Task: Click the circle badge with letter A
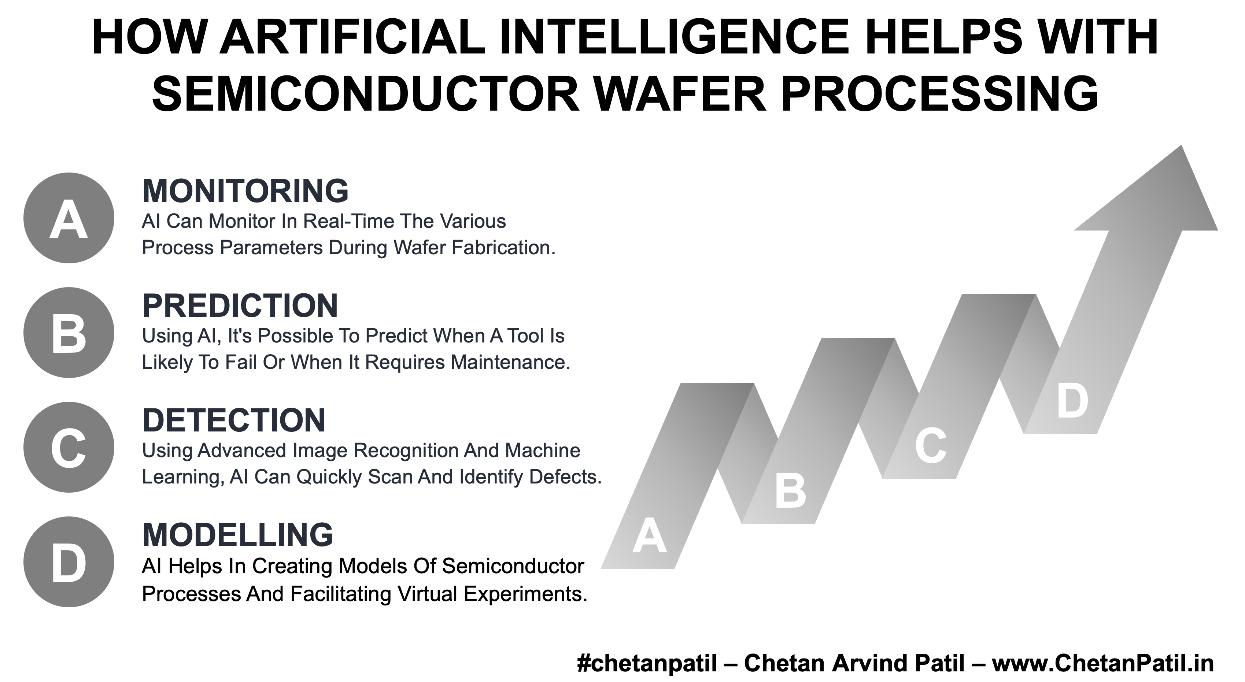pyautogui.click(x=69, y=218)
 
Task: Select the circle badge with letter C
pyautogui.click(x=69, y=447)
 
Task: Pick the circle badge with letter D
pyautogui.click(x=69, y=562)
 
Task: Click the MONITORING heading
pyautogui.click(x=245, y=191)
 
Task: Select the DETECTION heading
pyautogui.click(x=234, y=420)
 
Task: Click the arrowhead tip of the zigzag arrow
pyautogui.click(x=1182, y=146)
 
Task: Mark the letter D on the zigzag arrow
pyautogui.click(x=1072, y=401)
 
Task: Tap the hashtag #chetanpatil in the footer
pyautogui.click(x=647, y=663)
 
